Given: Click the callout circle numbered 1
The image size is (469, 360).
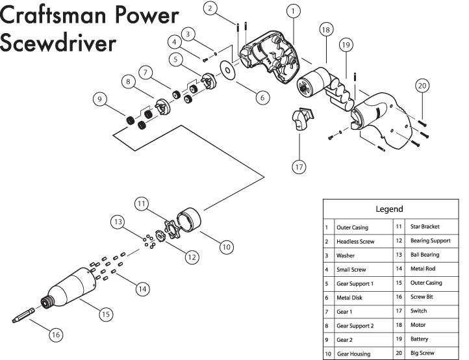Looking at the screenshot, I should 294,10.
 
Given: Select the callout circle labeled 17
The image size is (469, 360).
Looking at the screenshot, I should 299,166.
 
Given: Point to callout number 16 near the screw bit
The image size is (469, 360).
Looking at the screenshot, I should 57,335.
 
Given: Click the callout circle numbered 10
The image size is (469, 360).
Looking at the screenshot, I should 225,247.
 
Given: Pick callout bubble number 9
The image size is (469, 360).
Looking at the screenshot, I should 99,100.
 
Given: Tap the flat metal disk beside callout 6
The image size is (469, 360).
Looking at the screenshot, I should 228,70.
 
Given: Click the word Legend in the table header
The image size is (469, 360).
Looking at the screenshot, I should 389,209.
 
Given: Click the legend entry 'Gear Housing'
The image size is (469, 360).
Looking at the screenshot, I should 353,354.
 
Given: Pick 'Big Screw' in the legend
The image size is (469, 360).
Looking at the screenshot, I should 424,354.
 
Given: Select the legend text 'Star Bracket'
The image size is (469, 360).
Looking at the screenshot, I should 425,227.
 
